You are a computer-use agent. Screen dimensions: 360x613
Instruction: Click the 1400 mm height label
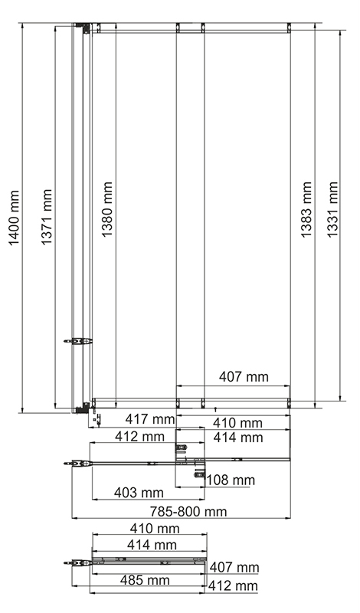[14, 218]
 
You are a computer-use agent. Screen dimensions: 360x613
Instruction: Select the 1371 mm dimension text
[47, 217]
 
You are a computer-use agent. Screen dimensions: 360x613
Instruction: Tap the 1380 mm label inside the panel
[107, 209]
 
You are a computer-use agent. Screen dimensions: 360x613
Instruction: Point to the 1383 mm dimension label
[306, 209]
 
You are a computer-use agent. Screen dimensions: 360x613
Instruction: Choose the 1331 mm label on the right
[332, 209]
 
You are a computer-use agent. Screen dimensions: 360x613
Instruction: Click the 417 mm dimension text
[149, 419]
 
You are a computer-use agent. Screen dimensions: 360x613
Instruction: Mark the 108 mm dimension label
[231, 480]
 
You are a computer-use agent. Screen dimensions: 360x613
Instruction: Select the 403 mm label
[139, 493]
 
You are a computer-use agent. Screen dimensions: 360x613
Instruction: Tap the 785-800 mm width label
[188, 511]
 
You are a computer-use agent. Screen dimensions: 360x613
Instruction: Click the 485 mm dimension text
[145, 580]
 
